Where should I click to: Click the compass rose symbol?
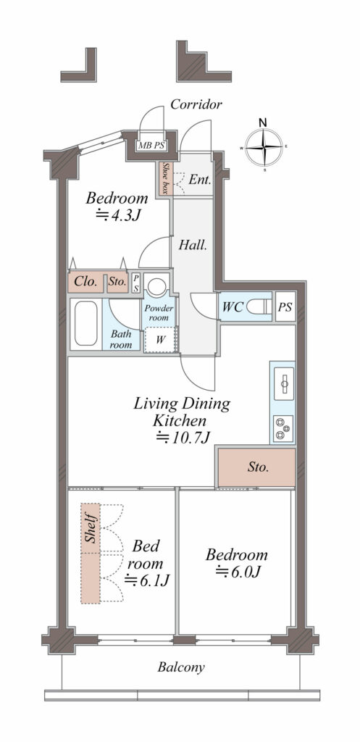tap(264, 147)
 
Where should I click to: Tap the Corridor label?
tap(196, 104)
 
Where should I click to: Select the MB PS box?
tap(151, 145)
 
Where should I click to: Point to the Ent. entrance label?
tap(200, 180)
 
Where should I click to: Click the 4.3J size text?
tap(118, 215)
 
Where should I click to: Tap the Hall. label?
tap(193, 246)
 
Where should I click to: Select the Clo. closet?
tap(87, 283)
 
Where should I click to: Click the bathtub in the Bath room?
tap(86, 324)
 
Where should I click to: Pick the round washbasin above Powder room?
tap(156, 285)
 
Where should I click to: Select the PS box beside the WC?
tap(285, 307)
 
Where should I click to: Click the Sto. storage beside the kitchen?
tap(256, 467)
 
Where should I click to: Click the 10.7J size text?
tap(183, 438)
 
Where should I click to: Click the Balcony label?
tap(181, 667)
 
